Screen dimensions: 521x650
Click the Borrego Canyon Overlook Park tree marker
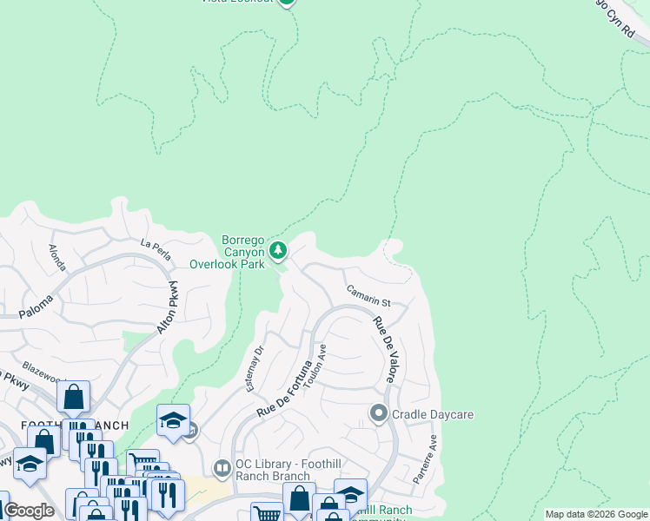(278, 251)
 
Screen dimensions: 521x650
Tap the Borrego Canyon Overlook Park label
(227, 252)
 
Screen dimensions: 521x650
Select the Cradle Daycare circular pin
(378, 414)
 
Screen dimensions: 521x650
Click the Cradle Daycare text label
(433, 415)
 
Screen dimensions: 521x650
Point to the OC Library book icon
(222, 469)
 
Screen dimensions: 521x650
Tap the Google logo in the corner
(29, 511)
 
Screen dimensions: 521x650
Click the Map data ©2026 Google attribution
(596, 514)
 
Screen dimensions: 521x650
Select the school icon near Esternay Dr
(174, 421)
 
